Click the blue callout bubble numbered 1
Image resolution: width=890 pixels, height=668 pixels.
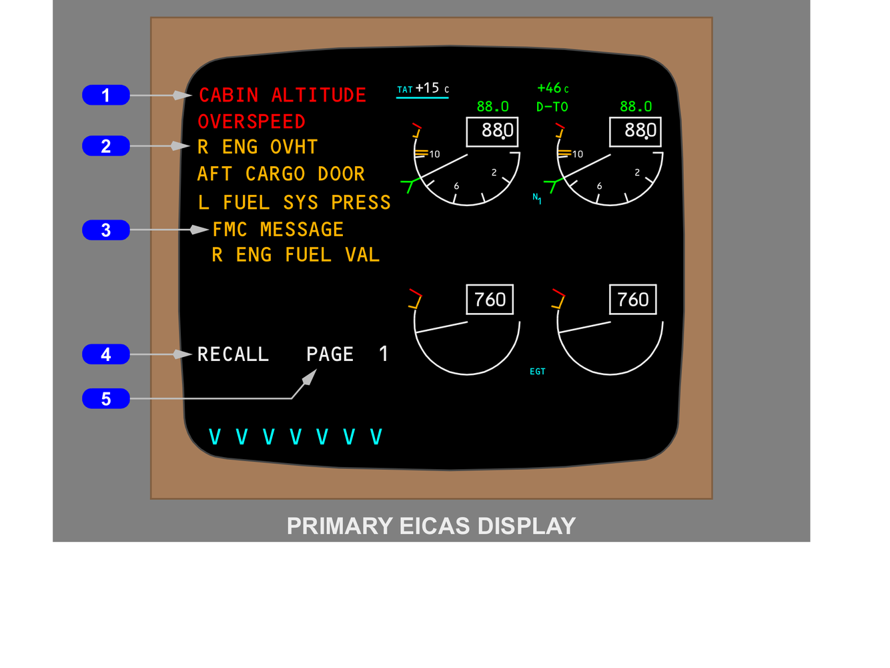coord(105,95)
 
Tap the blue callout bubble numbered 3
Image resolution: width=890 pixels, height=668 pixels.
coord(105,230)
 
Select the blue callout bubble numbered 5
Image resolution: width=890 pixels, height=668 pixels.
coord(105,399)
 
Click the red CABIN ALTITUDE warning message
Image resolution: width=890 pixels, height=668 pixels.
coord(282,95)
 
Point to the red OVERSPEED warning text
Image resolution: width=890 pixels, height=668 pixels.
coord(252,122)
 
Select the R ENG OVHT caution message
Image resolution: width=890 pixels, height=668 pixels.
coord(258,147)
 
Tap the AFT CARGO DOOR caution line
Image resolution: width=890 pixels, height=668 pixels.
coord(281,174)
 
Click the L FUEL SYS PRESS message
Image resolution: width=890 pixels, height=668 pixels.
coord(294,202)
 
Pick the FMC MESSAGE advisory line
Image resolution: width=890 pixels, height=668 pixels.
coord(278,230)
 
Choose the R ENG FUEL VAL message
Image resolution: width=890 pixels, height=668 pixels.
coord(296,255)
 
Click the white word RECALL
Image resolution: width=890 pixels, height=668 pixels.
coord(233,354)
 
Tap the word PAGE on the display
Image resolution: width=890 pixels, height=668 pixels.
coord(330,354)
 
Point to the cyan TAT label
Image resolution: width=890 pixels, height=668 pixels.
coord(404,90)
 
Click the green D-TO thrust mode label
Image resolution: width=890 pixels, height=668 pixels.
coord(552,107)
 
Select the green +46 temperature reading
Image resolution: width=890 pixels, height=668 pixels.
coord(550,88)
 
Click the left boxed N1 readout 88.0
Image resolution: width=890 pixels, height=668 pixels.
coord(492,131)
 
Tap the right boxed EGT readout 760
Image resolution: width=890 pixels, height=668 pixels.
coord(632,300)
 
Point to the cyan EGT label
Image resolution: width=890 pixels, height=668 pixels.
coord(537,372)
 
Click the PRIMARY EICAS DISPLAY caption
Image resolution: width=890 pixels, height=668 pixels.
coord(431,526)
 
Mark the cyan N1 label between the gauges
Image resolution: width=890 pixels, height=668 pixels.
coord(536,198)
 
